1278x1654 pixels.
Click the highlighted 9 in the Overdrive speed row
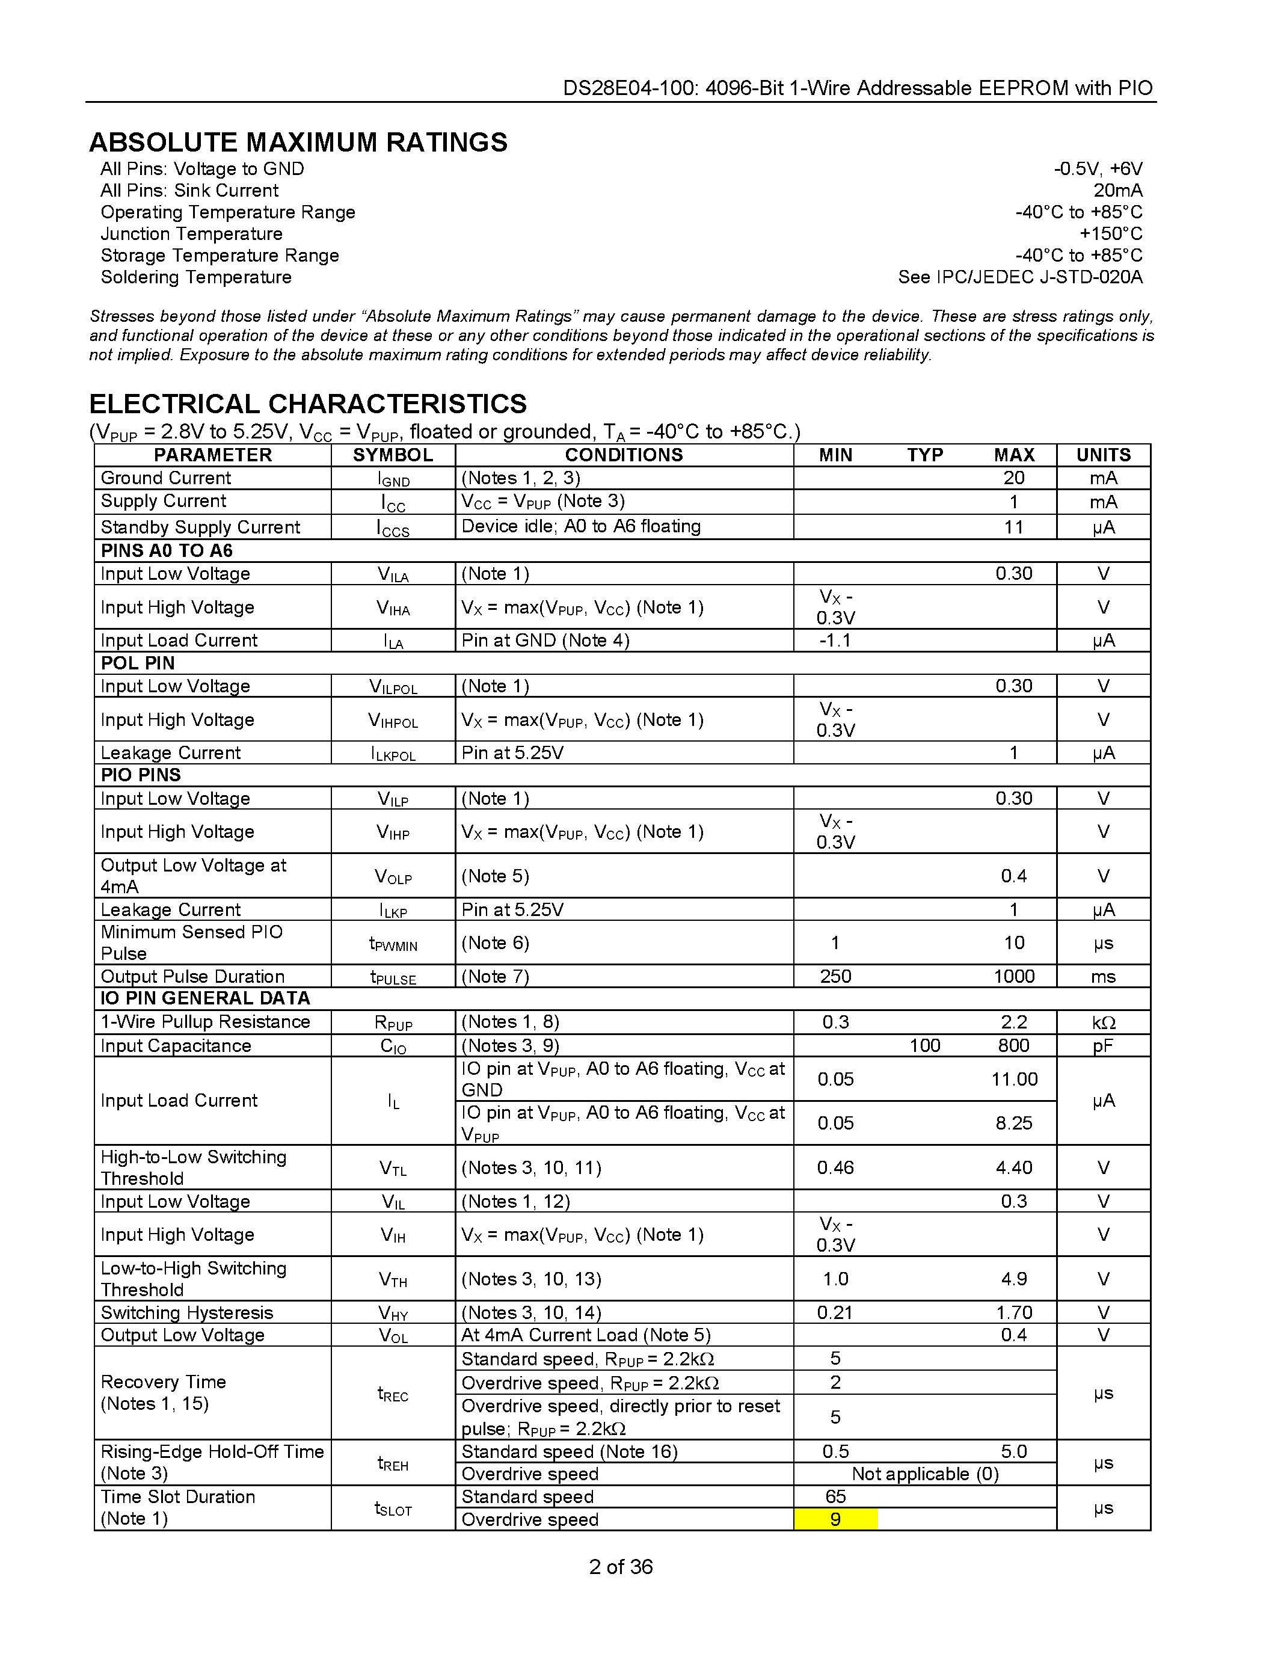click(835, 1519)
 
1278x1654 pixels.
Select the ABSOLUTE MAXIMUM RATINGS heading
click(298, 143)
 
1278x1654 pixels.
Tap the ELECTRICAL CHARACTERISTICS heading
click(308, 404)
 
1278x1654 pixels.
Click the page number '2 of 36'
click(621, 1566)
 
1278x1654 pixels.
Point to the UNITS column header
click(1103, 454)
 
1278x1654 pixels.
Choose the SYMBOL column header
click(393, 454)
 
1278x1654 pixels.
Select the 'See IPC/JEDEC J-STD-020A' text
click(1020, 277)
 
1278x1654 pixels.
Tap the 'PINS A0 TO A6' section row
click(167, 550)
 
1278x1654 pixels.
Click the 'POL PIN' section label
click(138, 663)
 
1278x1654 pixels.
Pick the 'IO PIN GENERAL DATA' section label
click(205, 998)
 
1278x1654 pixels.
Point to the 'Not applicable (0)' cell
click(924, 1474)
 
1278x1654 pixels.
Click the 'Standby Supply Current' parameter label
click(201, 527)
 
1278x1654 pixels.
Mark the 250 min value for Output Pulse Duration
click(835, 976)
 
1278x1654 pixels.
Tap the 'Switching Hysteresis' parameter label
click(187, 1312)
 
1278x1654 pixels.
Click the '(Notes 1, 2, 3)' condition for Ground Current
click(521, 478)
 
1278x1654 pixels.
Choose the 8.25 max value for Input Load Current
click(1014, 1123)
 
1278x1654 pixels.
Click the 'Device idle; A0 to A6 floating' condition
click(581, 526)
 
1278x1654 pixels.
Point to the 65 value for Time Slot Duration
click(835, 1496)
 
